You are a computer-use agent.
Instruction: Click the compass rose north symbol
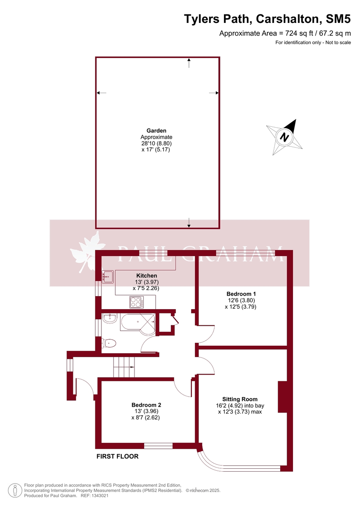(x=285, y=137)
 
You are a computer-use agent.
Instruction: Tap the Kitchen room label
(x=146, y=276)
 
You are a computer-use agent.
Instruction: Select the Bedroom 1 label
(x=241, y=294)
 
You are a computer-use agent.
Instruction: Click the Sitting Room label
(x=240, y=399)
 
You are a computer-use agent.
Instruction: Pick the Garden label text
(x=156, y=131)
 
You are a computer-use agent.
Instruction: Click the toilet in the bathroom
(x=109, y=343)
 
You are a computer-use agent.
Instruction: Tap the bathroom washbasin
(x=109, y=318)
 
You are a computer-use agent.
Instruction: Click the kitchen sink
(x=108, y=276)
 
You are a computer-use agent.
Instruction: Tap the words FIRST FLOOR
(x=117, y=457)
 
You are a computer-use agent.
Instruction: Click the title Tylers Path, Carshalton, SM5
(x=267, y=19)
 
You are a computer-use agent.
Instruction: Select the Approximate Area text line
(x=285, y=33)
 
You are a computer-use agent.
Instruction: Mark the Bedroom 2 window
(x=158, y=445)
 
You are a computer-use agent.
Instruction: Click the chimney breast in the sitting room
(x=283, y=397)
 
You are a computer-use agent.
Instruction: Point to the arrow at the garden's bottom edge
(x=189, y=222)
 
